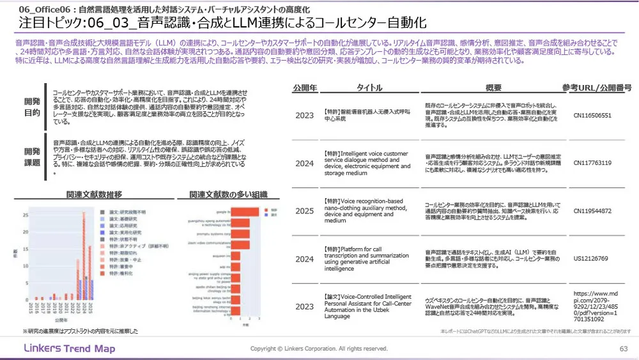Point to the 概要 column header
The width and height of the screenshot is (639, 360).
[493, 87]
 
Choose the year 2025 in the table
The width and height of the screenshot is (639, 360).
[305, 210]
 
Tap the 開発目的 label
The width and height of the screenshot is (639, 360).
[31, 106]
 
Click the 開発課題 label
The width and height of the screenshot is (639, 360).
[31, 157]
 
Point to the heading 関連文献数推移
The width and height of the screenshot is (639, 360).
[94, 194]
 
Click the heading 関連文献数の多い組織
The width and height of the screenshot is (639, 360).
[228, 194]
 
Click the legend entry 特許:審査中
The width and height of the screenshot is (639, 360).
[118, 267]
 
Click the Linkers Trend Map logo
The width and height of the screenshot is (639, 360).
[69, 348]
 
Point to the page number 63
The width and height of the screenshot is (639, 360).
[624, 348]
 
